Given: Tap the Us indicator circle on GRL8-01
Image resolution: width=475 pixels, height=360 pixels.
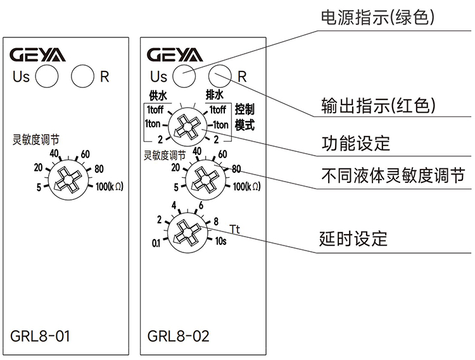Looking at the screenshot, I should (x=46, y=77).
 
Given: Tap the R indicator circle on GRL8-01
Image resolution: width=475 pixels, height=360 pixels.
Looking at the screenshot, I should (x=83, y=77).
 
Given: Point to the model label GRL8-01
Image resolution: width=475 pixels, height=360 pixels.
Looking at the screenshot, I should (x=41, y=336).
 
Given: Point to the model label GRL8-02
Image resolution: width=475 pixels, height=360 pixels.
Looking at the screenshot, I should (x=178, y=336).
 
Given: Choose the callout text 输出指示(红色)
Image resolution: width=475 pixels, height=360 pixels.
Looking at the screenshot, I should (x=379, y=104).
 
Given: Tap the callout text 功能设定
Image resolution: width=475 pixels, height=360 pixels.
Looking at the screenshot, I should (x=355, y=143).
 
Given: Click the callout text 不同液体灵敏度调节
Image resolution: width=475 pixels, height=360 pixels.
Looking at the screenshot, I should (x=393, y=175).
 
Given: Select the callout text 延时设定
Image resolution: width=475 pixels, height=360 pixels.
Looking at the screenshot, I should (x=355, y=239).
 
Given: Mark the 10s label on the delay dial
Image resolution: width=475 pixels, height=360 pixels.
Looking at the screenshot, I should (x=221, y=241).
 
